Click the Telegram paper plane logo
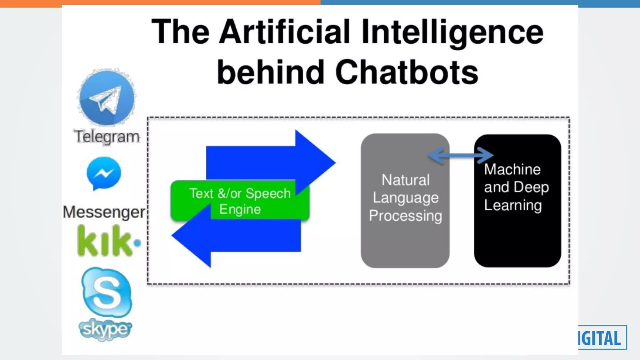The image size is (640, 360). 107,97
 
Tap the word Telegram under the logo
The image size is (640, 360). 107,137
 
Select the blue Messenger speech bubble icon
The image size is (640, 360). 104,173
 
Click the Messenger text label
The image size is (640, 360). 104,212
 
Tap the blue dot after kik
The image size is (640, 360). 137,243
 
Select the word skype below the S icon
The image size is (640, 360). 105,329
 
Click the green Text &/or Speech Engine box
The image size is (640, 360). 240,201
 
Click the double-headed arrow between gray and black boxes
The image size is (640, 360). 461,155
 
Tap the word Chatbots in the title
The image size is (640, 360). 407,72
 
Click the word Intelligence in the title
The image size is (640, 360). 452,32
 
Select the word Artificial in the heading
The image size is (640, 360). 284,32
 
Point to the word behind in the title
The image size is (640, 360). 271,72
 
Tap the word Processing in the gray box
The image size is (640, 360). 406,216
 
